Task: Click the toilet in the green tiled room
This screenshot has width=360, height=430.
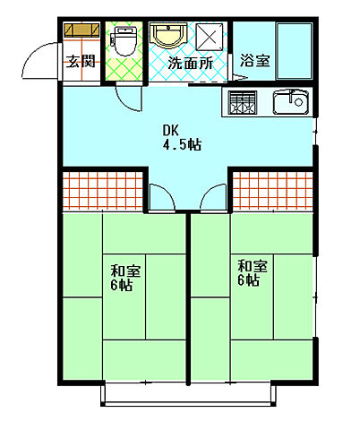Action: point(124,40)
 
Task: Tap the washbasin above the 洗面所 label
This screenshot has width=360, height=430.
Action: point(167,36)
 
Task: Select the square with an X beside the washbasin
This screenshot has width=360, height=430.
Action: point(212,37)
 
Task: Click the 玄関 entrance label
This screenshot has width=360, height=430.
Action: point(80,62)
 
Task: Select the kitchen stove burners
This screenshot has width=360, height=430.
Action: point(243,104)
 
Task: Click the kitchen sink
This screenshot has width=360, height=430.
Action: point(289,104)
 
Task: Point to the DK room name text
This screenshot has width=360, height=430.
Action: point(170,128)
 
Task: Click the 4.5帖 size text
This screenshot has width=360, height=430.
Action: point(182,143)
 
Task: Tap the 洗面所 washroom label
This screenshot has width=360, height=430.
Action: point(192,63)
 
